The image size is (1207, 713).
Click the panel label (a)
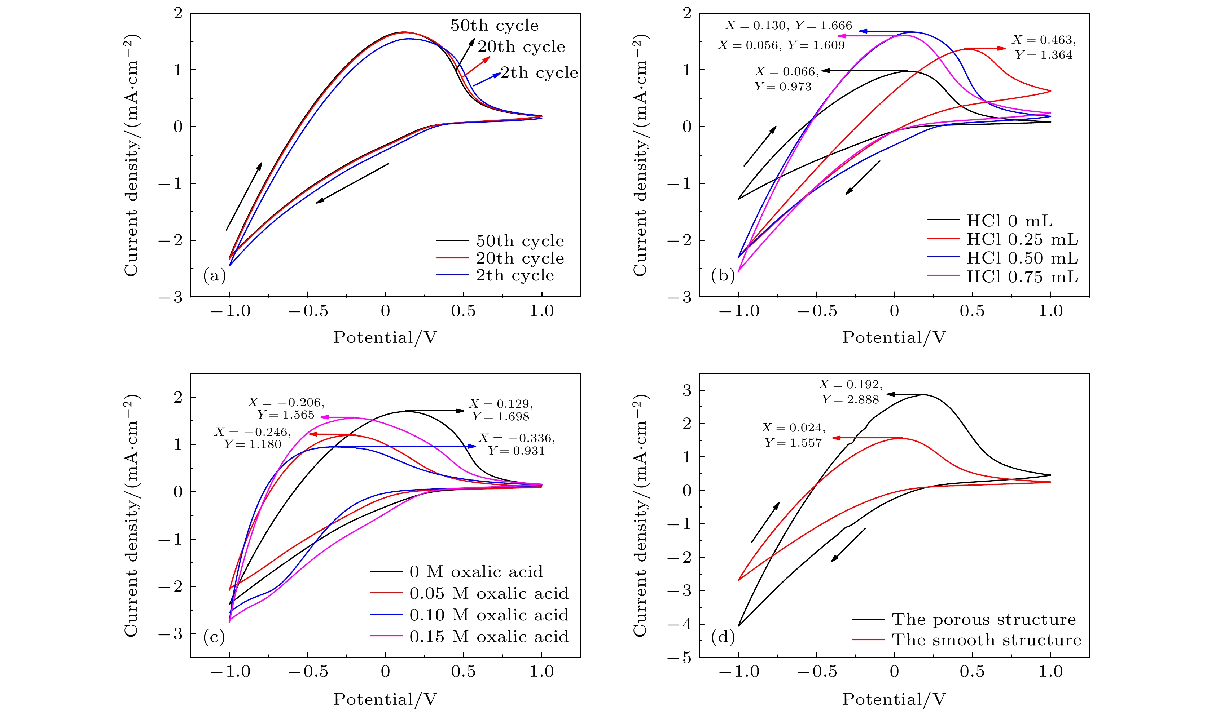(214, 276)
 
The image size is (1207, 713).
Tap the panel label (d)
(723, 637)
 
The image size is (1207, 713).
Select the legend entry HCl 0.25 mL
(1022, 239)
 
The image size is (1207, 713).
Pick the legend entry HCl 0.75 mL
(1022, 277)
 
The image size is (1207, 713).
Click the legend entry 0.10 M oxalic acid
(488, 615)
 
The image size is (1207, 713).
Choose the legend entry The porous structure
(983, 619)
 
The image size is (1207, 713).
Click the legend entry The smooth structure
(986, 640)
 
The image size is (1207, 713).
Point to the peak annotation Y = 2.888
(850, 400)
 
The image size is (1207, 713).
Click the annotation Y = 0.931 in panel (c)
(516, 451)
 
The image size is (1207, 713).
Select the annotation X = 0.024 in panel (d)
(793, 428)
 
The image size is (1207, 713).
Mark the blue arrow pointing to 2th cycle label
(487, 80)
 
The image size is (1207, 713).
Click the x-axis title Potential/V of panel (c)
(385, 699)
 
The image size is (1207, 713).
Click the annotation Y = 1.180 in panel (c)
(253, 444)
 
